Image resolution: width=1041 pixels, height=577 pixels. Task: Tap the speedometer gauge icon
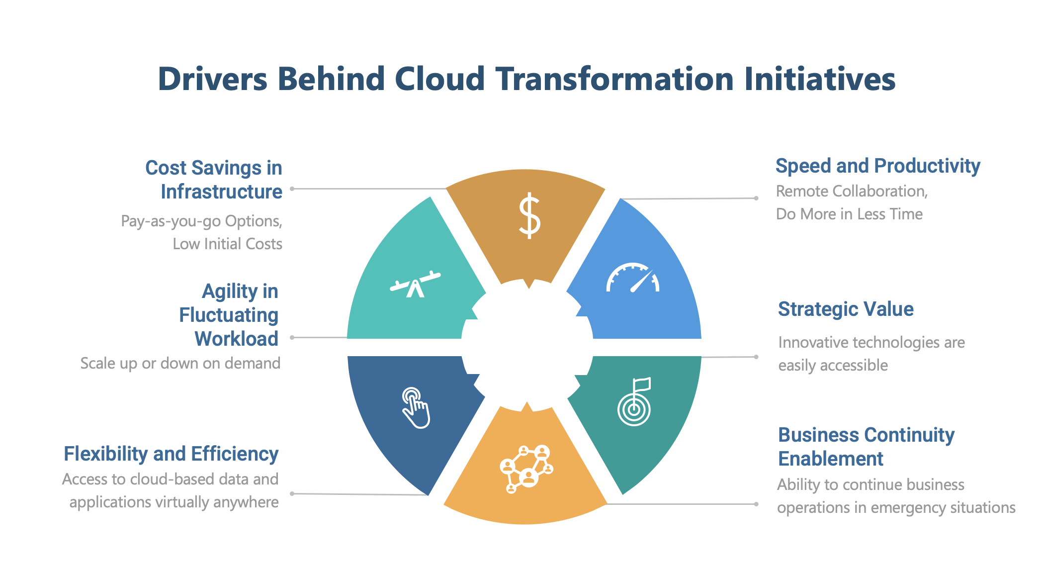coord(632,278)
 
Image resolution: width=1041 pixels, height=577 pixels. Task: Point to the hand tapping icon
coord(416,408)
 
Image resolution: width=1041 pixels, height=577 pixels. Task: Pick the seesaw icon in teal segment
coord(415,285)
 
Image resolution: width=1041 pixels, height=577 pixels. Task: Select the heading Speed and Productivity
coord(877,166)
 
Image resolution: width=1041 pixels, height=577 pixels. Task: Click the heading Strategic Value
coord(846,309)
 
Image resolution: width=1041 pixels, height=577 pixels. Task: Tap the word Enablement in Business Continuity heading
coord(830,459)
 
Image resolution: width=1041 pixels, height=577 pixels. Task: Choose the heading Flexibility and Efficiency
coord(171,454)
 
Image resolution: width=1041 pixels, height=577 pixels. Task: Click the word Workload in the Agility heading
coord(236,339)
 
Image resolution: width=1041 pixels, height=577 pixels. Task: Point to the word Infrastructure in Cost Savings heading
coord(221,192)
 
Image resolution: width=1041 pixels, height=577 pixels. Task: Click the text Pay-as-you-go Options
coord(201,221)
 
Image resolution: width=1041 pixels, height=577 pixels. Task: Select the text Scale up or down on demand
coord(180,363)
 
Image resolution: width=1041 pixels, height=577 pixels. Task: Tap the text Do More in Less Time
coord(849,214)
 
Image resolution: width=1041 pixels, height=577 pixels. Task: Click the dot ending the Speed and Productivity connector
coord(756,198)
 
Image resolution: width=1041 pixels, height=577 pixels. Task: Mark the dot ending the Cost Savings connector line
coord(292,189)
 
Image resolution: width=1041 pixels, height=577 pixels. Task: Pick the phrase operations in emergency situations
coord(896,507)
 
